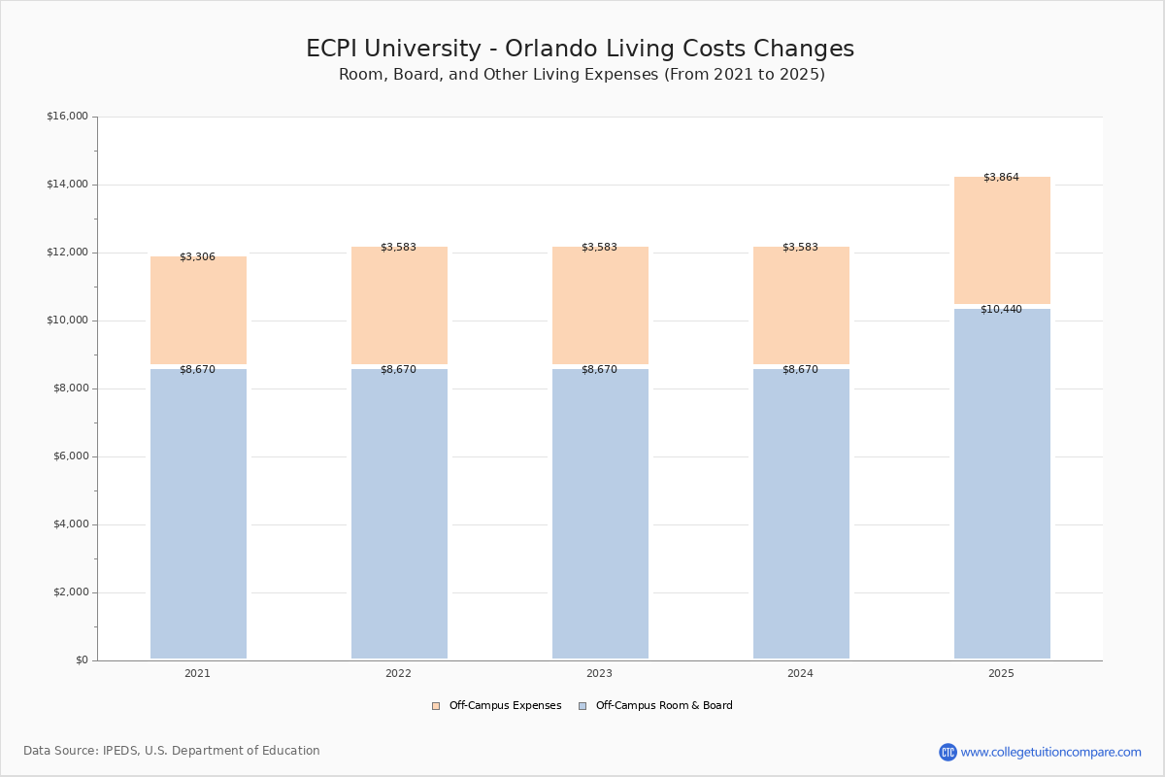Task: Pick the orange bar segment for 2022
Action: point(399,305)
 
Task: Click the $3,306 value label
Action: point(197,257)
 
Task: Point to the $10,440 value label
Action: point(1001,310)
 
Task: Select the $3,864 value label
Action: point(1001,178)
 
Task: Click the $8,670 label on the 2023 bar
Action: point(599,370)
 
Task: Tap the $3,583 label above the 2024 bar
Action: point(800,248)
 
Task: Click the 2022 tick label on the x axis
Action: point(398,674)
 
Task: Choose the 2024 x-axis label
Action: point(800,674)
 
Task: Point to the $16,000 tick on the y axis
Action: point(67,117)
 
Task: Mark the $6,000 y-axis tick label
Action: point(70,456)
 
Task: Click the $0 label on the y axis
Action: point(81,660)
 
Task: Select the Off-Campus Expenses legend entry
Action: point(497,706)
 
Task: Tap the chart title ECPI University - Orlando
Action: point(580,50)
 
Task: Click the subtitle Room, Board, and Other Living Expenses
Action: point(582,75)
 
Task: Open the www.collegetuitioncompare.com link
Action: point(1050,752)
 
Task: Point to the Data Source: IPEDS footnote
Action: point(172,751)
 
